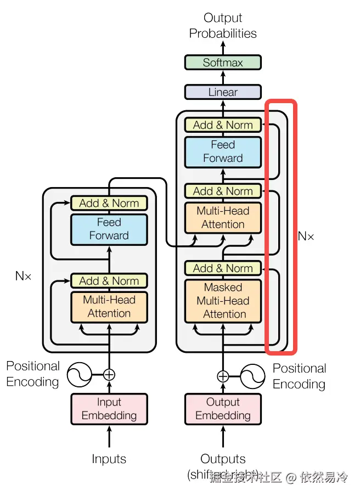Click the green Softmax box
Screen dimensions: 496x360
pyautogui.click(x=223, y=63)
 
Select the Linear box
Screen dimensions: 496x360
pyautogui.click(x=223, y=92)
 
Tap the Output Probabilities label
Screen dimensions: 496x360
pyautogui.click(x=223, y=26)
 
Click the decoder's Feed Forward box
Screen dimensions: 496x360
pyautogui.click(x=223, y=151)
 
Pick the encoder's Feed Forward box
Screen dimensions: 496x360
pyautogui.click(x=109, y=229)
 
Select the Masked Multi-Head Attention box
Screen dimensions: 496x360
pyautogui.click(x=223, y=300)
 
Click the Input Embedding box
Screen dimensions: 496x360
pyautogui.click(x=109, y=409)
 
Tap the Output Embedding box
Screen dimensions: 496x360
pyautogui.click(x=223, y=409)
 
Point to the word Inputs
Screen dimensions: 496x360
pyautogui.click(x=109, y=459)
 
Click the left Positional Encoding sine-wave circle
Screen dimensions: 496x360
pyautogui.click(x=79, y=375)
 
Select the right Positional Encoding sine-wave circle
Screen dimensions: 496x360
pyautogui.click(x=253, y=376)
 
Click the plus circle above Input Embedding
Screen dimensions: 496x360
pyautogui.click(x=109, y=375)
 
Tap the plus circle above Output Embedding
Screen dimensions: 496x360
pyautogui.click(x=223, y=376)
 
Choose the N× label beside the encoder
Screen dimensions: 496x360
pyautogui.click(x=23, y=276)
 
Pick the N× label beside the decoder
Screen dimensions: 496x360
pyautogui.click(x=306, y=236)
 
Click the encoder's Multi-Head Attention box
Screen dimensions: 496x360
pyautogui.click(x=109, y=306)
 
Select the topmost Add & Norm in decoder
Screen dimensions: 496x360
pyautogui.click(x=223, y=125)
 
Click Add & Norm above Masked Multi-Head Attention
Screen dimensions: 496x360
pyautogui.click(x=223, y=268)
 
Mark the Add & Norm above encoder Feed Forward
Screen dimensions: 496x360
pyautogui.click(x=109, y=203)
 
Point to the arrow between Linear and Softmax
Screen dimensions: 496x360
pyautogui.click(x=223, y=77)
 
